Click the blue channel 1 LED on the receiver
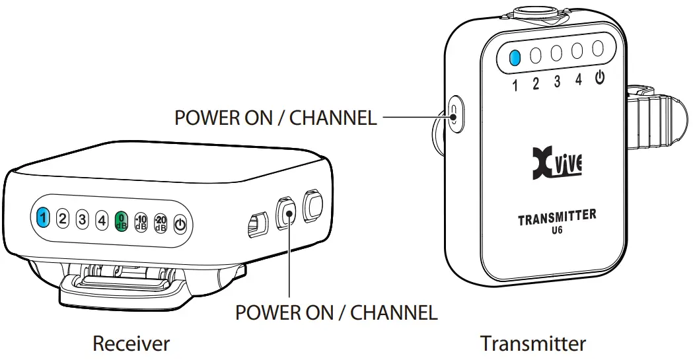pyautogui.click(x=43, y=217)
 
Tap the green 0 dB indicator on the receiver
pyautogui.click(x=121, y=220)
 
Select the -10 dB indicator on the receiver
pyautogui.click(x=141, y=222)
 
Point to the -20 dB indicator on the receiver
pyautogui.click(x=161, y=223)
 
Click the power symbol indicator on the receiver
pyautogui.click(x=180, y=225)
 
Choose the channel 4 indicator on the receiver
pyautogui.click(x=102, y=219)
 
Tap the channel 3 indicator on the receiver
pyautogui.click(x=82, y=219)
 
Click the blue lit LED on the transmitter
pyautogui.click(x=515, y=57)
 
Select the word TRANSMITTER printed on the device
pyautogui.click(x=557, y=217)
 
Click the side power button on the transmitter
pyautogui.click(x=454, y=114)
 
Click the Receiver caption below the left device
pyautogui.click(x=131, y=343)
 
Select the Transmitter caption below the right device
pyautogui.click(x=532, y=343)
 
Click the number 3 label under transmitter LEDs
pyautogui.click(x=557, y=82)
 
